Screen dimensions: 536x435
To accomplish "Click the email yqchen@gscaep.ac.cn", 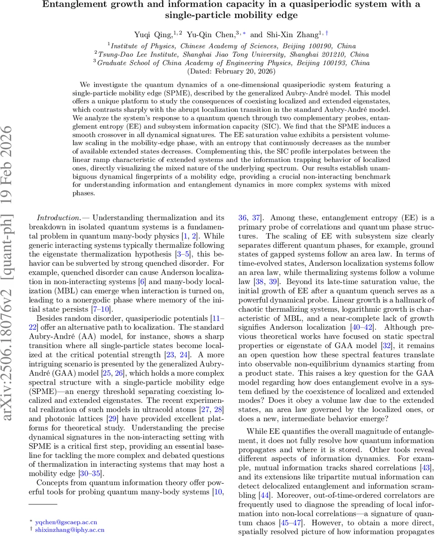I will (x=66, y=522).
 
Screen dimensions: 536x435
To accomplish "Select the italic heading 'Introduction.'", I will (x=59, y=218).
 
